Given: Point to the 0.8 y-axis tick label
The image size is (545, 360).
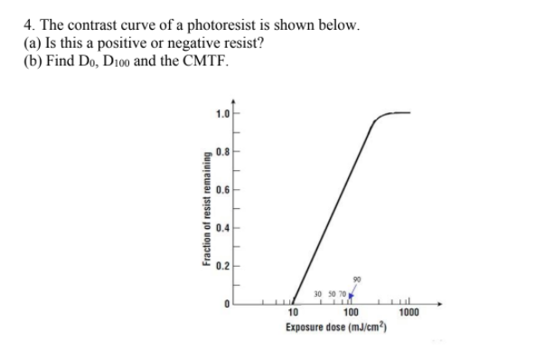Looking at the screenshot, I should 221,152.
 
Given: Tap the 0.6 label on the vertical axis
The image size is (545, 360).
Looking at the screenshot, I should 221,190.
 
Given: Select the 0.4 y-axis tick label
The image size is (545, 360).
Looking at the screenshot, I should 221,228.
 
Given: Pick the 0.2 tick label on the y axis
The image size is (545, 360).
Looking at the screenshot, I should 221,266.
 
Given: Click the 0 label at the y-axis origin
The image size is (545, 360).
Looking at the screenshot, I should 226,304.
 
